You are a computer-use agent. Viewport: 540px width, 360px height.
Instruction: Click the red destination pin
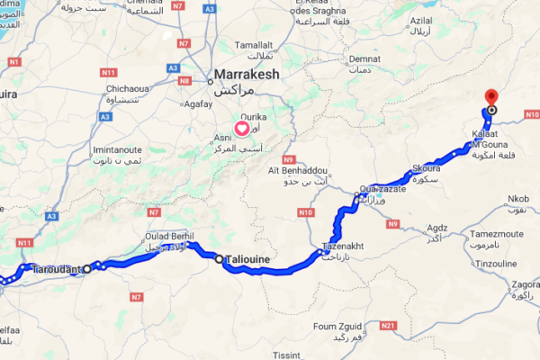490,96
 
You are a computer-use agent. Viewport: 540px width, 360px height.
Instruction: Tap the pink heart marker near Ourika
242,128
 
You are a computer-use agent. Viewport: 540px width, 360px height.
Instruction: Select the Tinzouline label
496,263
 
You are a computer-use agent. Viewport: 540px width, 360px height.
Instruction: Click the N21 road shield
388,324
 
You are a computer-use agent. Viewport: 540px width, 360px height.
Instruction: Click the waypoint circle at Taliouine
219,259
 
